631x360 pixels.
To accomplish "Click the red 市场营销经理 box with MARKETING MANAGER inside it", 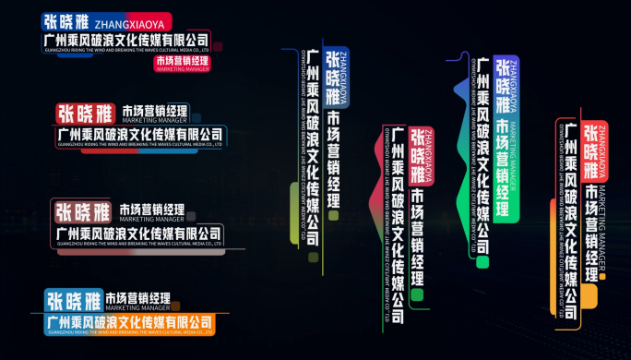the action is click(x=183, y=63).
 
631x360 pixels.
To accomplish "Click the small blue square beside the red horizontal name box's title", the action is click(x=196, y=116).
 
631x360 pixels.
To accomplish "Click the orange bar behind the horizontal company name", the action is click(x=129, y=323).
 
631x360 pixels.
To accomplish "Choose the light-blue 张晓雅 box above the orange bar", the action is click(x=73, y=300).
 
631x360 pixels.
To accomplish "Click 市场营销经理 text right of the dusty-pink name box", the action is click(x=152, y=210).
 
